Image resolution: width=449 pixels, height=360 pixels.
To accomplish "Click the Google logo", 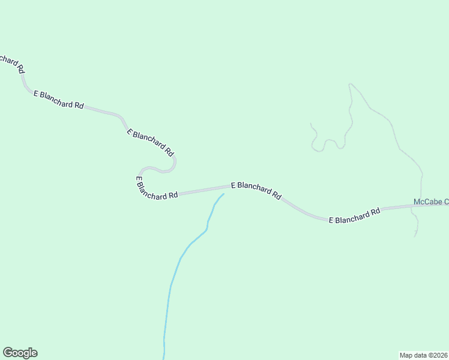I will [20, 353].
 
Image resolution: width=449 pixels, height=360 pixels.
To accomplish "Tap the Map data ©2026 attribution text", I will [424, 355].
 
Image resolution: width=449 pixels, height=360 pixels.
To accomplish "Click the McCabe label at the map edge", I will [431, 202].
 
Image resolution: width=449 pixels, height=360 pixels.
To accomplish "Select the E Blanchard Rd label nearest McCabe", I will [355, 216].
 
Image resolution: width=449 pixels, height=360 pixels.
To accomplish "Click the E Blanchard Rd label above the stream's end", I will [256, 190].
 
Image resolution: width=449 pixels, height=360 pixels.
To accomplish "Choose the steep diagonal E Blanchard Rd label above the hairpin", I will [150, 142].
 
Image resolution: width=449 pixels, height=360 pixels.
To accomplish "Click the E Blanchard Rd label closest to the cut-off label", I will [58, 100].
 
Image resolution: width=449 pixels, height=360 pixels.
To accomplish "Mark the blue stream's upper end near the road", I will [223, 194].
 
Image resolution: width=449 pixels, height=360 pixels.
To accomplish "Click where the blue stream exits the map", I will [163, 358].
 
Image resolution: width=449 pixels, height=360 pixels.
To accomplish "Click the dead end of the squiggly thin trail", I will [310, 124].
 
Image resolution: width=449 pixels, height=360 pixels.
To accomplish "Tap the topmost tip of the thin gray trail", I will [350, 84].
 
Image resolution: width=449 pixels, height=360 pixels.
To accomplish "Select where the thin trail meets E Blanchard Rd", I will [421, 205].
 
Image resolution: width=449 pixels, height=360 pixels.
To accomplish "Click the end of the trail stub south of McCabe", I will [414, 236].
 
